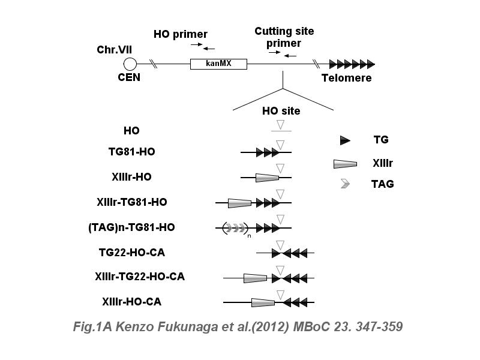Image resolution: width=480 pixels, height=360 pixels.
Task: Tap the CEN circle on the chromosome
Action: click(x=130, y=64)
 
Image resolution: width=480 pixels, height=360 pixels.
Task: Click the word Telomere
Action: click(x=346, y=78)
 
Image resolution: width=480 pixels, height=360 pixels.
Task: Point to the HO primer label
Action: click(x=181, y=34)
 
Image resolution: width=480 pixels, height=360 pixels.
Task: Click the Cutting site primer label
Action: click(x=284, y=37)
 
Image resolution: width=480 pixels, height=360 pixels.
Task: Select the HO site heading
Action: click(x=281, y=111)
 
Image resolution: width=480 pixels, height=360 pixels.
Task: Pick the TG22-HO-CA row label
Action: click(x=131, y=253)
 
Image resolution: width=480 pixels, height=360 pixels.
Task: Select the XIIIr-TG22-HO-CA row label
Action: click(x=139, y=277)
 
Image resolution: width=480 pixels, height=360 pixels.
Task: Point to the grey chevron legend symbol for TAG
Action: click(x=345, y=184)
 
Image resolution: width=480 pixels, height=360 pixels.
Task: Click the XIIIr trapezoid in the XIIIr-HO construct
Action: click(x=267, y=178)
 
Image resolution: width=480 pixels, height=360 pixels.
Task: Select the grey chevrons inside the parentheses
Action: click(x=235, y=228)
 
